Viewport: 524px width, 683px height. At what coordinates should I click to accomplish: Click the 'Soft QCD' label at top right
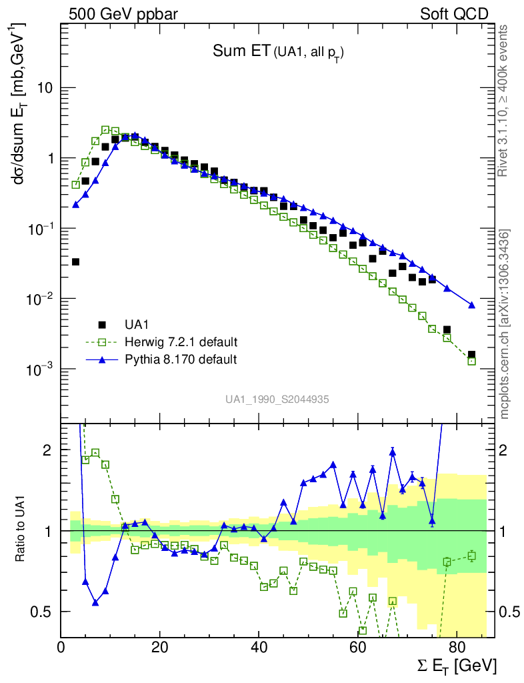tap(454, 13)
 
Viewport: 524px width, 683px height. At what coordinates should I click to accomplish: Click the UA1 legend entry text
tap(137, 325)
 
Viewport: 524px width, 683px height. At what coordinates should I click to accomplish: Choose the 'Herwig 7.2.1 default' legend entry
tap(181, 342)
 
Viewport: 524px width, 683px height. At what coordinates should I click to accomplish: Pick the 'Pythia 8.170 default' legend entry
tap(181, 360)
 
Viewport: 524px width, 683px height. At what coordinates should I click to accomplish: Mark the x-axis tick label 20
tap(159, 646)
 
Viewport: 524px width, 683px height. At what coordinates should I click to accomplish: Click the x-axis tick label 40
tap(259, 646)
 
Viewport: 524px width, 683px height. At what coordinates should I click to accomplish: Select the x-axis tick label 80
tap(456, 646)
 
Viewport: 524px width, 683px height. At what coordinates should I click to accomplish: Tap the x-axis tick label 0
tap(61, 646)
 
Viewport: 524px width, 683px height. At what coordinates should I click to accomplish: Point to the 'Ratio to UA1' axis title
tap(21, 530)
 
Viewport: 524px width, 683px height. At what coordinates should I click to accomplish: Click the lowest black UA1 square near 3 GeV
tap(75, 261)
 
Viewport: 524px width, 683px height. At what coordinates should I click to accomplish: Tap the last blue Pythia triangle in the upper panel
tap(471, 305)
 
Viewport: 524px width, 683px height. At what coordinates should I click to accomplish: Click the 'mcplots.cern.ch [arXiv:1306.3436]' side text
tap(505, 324)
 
